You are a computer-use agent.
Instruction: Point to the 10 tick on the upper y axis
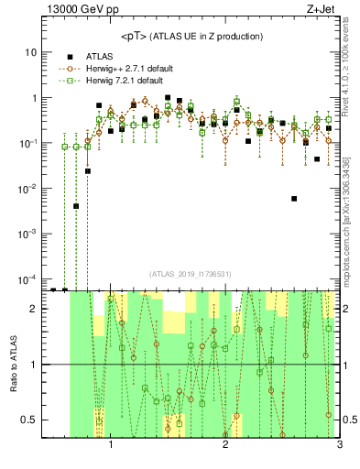pyautogui.click(x=32, y=52)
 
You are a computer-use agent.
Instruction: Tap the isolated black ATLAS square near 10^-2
pyautogui.click(x=294, y=198)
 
